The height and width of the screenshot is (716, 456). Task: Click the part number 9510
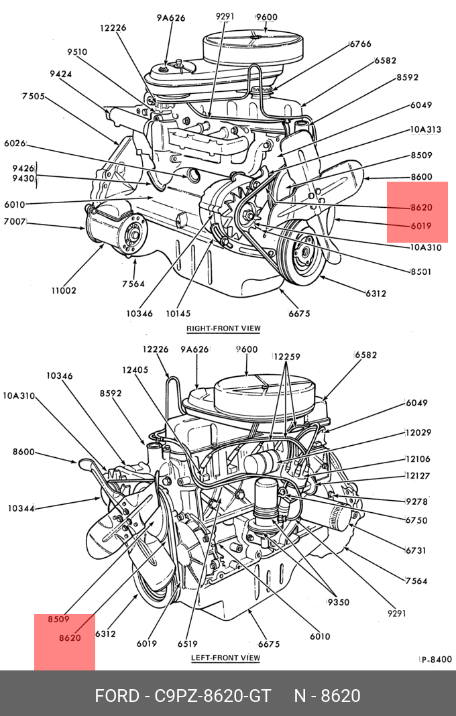pos(77,52)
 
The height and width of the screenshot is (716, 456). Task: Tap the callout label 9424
pos(61,74)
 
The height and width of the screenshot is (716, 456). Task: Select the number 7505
pos(34,96)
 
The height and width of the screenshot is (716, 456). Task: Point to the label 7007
pos(15,221)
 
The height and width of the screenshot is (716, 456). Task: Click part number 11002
pos(64,290)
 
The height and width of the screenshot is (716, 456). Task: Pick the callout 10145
pos(178,313)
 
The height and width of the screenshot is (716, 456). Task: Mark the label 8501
pos(420,272)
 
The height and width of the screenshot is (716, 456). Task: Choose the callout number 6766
pos(360,44)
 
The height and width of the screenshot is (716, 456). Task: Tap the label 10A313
pos(425,130)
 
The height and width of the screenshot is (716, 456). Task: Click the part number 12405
pos(135,370)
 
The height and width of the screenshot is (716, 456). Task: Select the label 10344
pos(21,508)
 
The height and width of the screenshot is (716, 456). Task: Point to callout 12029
pos(418,434)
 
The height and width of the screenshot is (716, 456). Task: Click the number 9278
pos(416,501)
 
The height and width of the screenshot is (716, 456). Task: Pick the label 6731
pos(416,550)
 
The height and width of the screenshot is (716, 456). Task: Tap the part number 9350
pos(338,602)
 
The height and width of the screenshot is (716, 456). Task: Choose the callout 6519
pos(188,644)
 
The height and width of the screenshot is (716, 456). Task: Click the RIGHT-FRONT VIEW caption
pos(223,329)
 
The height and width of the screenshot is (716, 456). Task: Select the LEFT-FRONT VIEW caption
pos(225,658)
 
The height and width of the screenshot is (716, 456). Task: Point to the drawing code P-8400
pos(436,660)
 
